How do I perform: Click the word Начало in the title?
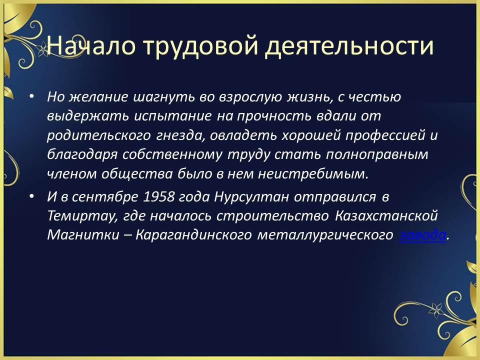click(90, 46)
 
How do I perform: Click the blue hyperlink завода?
click(423, 235)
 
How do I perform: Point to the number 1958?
click(158, 197)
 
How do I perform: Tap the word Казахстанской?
click(386, 216)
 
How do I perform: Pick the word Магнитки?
click(83, 235)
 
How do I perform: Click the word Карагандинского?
click(193, 235)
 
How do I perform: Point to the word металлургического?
click(325, 235)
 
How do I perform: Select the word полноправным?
click(377, 155)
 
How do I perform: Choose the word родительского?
click(99, 135)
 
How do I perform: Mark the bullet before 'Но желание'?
click(31, 96)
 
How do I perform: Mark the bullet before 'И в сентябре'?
click(31, 196)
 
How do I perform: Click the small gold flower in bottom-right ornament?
click(436, 310)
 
